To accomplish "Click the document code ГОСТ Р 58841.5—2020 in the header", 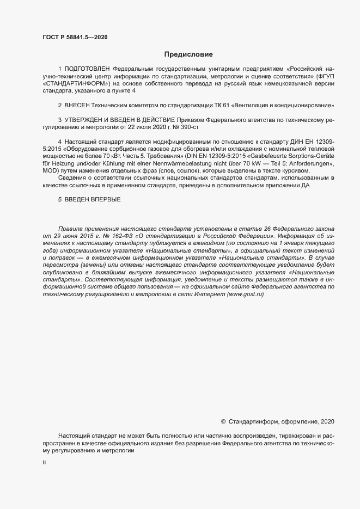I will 75,37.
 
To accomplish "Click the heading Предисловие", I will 188,54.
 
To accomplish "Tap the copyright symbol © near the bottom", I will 223,421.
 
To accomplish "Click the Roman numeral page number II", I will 45,462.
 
